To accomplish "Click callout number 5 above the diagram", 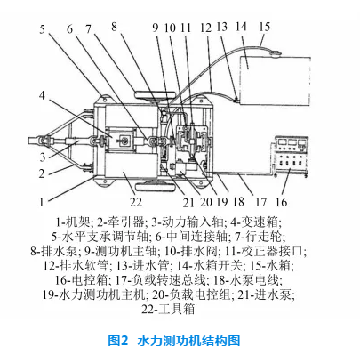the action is [x=42, y=29].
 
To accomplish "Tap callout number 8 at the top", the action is [x=114, y=27].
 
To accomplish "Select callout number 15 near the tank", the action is [x=265, y=27].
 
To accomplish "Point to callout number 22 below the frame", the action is [x=136, y=202].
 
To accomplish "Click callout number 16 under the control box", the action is [x=281, y=202].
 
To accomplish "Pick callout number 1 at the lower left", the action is [x=41, y=202].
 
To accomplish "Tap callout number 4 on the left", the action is [x=42, y=95].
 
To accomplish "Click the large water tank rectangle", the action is [x=275, y=81].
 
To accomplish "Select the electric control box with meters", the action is [x=292, y=156].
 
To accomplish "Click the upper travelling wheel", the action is [x=154, y=95].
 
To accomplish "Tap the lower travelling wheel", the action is [x=154, y=187].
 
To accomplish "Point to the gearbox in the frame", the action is [x=120, y=141].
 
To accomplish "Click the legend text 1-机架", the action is [x=73, y=222].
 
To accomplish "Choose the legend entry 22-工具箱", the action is [x=168, y=309].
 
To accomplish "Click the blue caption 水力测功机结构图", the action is [x=188, y=341].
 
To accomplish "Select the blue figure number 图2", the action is [x=117, y=341].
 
